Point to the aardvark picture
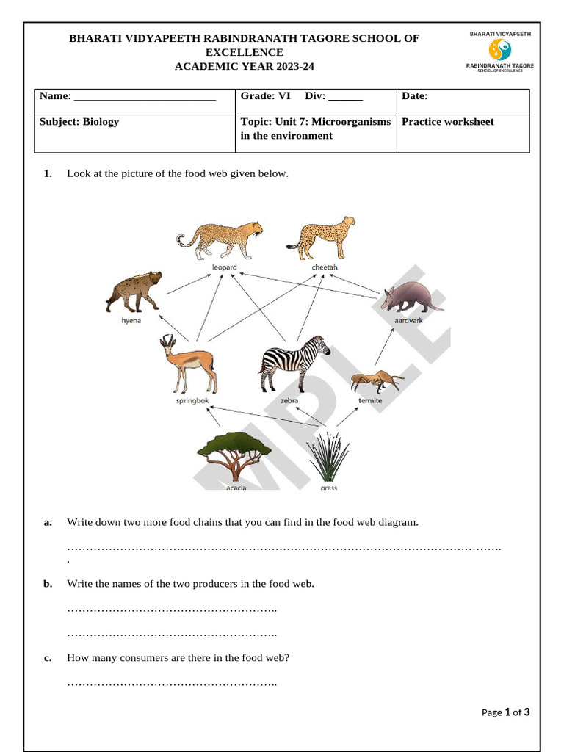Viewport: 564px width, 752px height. pos(411,296)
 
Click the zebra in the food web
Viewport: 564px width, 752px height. pos(293,364)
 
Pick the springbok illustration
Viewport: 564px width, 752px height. pos(188,364)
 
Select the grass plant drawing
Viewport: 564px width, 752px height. pos(328,456)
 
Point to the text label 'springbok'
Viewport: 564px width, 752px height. pos(192,401)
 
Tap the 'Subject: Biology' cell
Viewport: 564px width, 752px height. pos(79,122)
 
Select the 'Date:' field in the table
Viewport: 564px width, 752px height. pos(415,96)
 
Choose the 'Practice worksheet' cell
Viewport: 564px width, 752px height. pos(448,122)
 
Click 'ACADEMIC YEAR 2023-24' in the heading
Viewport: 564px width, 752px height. pos(244,66)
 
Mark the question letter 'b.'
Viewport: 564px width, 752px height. pos(48,584)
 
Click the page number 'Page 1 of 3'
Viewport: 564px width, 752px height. pos(505,712)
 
